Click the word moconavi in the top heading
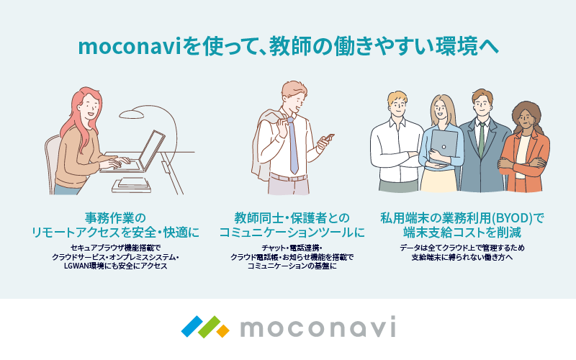click(x=130, y=48)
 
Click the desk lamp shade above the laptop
click(x=132, y=114)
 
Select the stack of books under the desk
click(x=131, y=186)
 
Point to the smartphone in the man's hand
click(x=328, y=138)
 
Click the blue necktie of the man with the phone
click(x=292, y=146)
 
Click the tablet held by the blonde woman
click(x=444, y=146)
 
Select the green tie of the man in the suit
click(x=481, y=140)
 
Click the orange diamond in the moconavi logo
click(x=222, y=331)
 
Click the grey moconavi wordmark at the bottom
click(x=318, y=327)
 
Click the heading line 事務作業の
click(x=115, y=218)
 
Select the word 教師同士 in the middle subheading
click(x=258, y=218)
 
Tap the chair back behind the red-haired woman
click(x=51, y=161)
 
